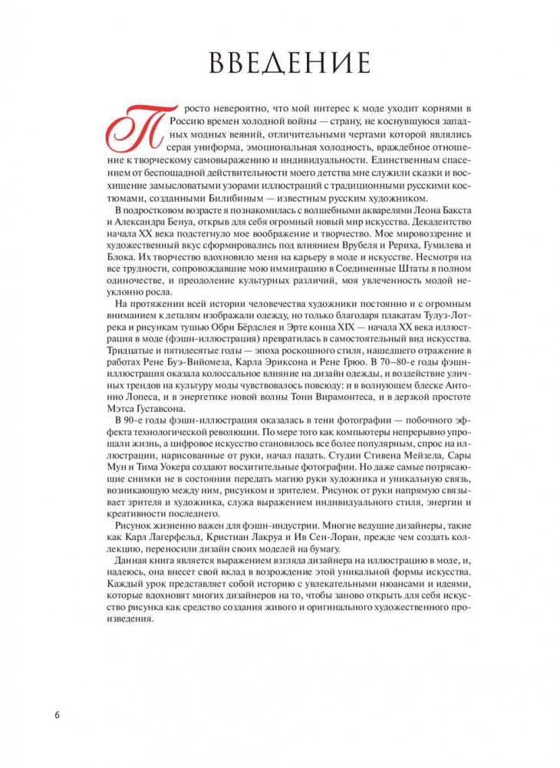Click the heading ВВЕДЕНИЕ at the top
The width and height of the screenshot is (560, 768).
click(280, 61)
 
